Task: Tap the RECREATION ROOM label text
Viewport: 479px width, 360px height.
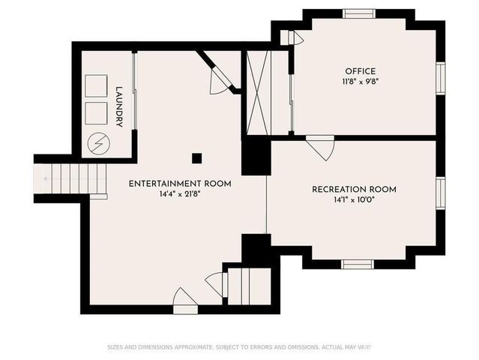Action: click(354, 189)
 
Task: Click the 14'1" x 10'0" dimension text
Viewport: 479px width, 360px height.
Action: click(354, 199)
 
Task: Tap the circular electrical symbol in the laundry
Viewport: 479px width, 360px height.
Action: click(97, 140)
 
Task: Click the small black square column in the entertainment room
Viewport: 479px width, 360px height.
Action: click(196, 157)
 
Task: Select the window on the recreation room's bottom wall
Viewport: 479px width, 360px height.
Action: click(358, 264)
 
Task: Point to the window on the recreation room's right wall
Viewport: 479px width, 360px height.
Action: click(441, 190)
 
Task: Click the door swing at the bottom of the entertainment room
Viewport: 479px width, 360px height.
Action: click(185, 300)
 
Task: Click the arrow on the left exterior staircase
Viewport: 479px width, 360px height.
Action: click(46, 178)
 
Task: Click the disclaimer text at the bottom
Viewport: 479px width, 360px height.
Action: click(239, 347)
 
